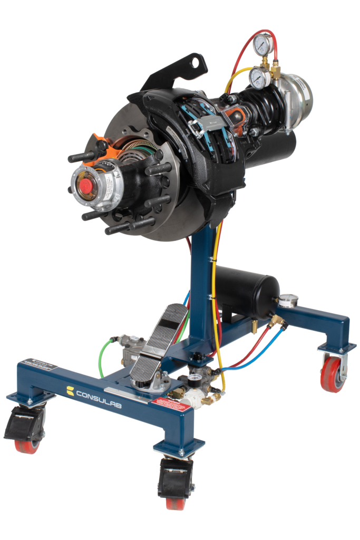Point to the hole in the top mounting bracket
point(197,63)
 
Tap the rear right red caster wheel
point(332,374)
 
